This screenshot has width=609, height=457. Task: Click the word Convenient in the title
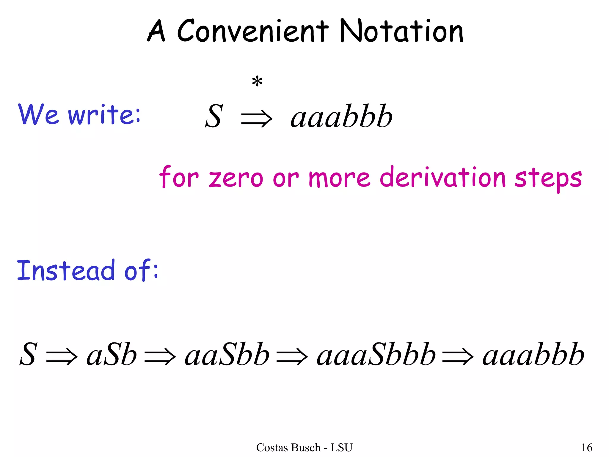click(x=253, y=31)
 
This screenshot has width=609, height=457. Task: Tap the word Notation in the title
click(x=401, y=31)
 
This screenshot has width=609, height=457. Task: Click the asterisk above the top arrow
click(x=257, y=82)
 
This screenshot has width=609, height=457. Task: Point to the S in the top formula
click(x=214, y=117)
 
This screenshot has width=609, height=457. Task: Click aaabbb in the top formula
click(x=342, y=117)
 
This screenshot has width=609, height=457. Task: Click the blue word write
click(x=104, y=115)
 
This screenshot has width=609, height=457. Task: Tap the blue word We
click(x=38, y=115)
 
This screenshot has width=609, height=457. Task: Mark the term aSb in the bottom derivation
click(x=112, y=355)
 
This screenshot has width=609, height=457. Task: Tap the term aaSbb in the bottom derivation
click(x=227, y=355)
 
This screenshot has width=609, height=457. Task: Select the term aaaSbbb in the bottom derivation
click(x=376, y=355)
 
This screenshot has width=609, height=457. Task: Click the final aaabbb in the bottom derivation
click(x=533, y=355)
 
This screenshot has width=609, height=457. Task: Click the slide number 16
click(x=587, y=447)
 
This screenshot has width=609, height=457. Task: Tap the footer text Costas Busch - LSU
click(x=304, y=447)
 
